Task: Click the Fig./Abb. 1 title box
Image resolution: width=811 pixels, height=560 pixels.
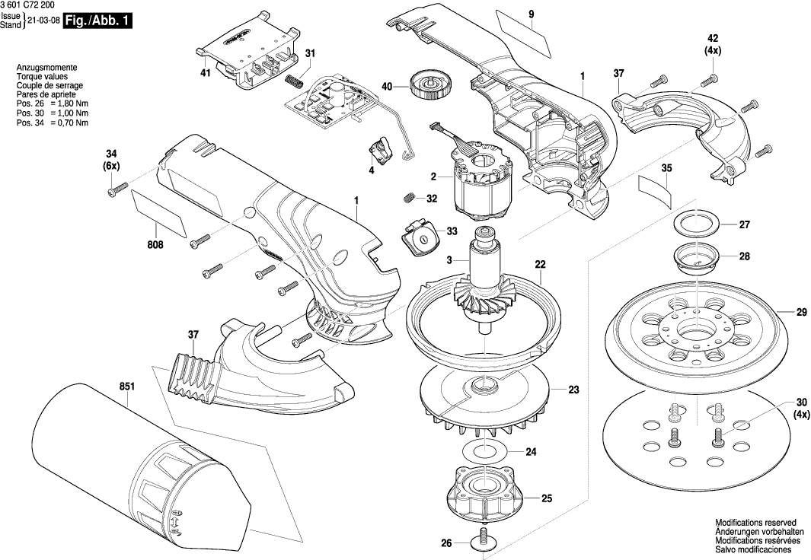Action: click(x=97, y=22)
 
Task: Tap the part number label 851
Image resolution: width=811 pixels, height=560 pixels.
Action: click(x=126, y=387)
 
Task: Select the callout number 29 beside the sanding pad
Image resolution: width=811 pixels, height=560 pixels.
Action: click(x=802, y=312)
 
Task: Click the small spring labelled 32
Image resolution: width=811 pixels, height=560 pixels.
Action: click(x=409, y=197)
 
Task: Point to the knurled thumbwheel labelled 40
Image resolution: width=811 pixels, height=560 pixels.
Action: click(x=431, y=85)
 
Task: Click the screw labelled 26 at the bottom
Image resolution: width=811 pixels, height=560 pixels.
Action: click(x=484, y=539)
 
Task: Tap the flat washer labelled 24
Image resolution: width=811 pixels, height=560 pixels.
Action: click(x=484, y=450)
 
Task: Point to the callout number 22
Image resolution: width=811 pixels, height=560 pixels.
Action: click(x=540, y=265)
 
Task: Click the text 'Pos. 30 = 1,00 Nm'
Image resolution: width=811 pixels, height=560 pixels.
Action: click(x=53, y=113)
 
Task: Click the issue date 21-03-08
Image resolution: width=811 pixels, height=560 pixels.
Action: click(x=43, y=22)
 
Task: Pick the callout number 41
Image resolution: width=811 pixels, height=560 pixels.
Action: click(x=206, y=73)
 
